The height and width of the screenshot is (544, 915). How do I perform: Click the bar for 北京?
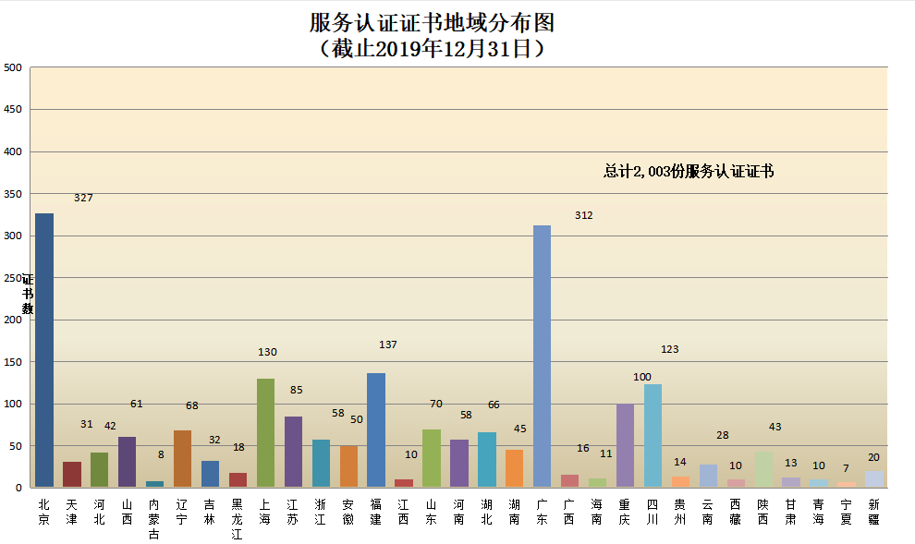click(44, 350)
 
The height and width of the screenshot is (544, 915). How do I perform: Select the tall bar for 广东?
click(543, 357)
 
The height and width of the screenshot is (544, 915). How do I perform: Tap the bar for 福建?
click(376, 430)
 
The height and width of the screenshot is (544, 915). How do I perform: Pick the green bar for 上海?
click(265, 433)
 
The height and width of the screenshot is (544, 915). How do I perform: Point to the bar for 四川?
click(653, 436)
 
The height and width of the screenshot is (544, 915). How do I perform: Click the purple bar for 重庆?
click(626, 445)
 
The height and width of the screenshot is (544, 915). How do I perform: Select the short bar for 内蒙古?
click(154, 484)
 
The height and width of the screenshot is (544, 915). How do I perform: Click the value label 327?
click(83, 198)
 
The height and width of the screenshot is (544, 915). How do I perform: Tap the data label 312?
click(583, 215)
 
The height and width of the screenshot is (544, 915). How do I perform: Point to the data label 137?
click(388, 345)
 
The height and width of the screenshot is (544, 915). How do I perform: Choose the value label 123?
click(670, 349)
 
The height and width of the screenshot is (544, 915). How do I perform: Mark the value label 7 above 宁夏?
click(846, 468)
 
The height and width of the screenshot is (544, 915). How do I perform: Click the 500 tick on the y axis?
click(13, 67)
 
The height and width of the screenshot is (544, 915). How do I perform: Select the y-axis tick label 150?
click(13, 362)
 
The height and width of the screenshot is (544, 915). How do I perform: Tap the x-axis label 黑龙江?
click(238, 519)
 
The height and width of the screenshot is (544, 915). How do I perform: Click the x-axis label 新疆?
click(873, 513)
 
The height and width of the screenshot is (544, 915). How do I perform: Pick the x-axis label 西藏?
click(736, 513)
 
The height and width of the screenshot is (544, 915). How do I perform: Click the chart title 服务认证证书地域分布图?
click(433, 23)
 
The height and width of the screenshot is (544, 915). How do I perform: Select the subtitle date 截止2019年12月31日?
click(433, 48)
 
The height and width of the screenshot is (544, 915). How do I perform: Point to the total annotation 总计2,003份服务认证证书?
click(689, 171)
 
